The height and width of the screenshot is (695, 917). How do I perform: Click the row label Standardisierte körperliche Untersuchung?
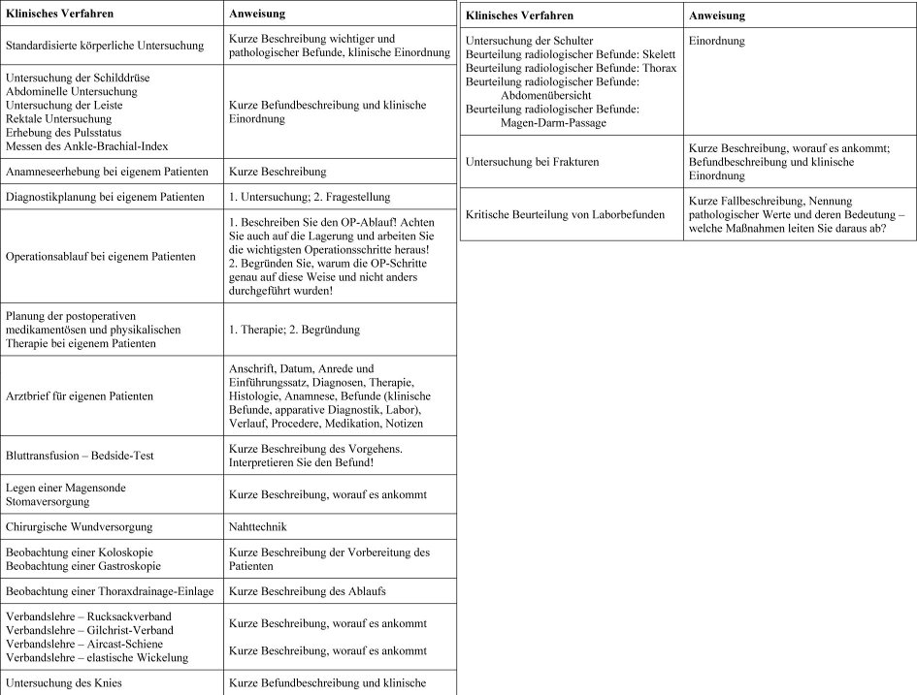click(x=105, y=45)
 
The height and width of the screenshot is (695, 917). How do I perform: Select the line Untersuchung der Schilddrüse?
click(x=78, y=78)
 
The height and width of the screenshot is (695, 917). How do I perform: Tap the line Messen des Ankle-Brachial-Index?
click(x=86, y=145)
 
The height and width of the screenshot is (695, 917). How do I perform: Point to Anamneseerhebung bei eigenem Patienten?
click(x=107, y=172)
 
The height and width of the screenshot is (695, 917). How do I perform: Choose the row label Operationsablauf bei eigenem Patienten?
click(x=100, y=257)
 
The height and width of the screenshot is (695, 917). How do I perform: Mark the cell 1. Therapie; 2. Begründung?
click(x=294, y=330)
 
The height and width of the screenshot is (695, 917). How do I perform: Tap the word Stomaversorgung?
click(x=49, y=502)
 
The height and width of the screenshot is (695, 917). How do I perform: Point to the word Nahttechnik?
click(x=257, y=527)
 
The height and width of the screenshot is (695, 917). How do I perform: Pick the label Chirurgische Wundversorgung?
click(x=80, y=527)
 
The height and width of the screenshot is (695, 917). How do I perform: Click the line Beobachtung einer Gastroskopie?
click(x=83, y=565)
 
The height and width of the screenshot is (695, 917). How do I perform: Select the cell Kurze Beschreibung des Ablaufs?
click(x=306, y=591)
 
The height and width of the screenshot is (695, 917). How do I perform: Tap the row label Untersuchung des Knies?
click(x=64, y=683)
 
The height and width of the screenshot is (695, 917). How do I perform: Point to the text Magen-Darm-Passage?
click(x=553, y=123)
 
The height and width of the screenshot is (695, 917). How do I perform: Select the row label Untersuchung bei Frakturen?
click(x=532, y=162)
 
